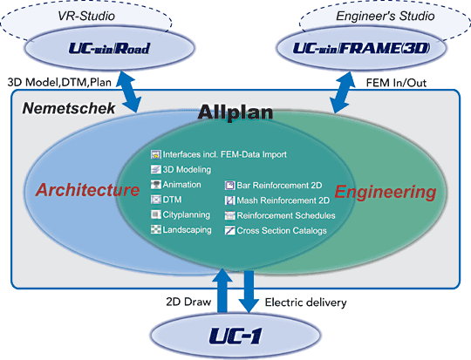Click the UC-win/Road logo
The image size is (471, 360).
click(109, 48)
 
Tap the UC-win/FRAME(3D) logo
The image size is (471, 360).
click(361, 48)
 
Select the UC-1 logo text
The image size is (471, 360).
click(235, 336)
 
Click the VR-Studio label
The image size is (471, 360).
click(86, 16)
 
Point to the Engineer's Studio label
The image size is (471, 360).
click(386, 16)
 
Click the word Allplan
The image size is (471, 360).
click(235, 112)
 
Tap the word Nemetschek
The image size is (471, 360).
click(69, 108)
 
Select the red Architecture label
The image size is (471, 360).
click(87, 190)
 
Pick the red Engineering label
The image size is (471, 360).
click(386, 192)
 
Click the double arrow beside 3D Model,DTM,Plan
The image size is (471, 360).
click(128, 92)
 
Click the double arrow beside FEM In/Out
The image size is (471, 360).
click(343, 92)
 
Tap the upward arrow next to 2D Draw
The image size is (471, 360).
click(222, 290)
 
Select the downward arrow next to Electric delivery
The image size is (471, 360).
click(249, 291)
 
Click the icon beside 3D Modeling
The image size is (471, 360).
click(156, 169)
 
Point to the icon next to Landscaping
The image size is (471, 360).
click(156, 229)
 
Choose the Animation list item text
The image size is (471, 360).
click(181, 184)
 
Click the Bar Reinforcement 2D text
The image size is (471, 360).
click(279, 186)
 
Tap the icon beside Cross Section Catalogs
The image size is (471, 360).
click(229, 230)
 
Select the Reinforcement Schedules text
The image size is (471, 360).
click(286, 215)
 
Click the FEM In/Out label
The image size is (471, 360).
click(396, 83)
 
